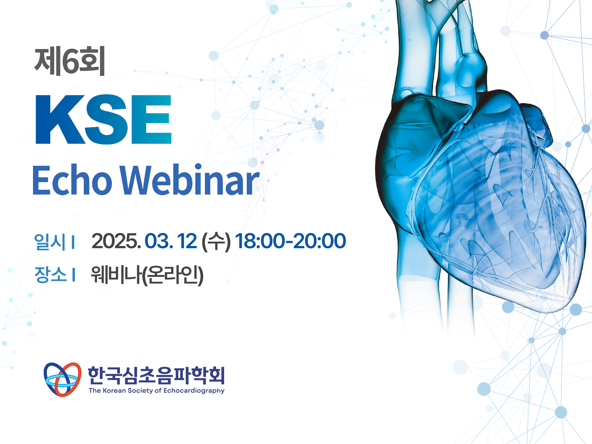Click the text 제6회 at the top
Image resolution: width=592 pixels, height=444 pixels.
pos(70,61)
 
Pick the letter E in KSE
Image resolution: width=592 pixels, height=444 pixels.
pos(151,119)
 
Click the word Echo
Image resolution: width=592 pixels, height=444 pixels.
pos(72,180)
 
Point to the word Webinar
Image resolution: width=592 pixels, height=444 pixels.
pos(190,180)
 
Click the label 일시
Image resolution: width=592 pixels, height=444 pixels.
pos(50,241)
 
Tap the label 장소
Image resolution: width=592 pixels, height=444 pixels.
pos(50,274)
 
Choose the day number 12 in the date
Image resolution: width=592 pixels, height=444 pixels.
pos(187,241)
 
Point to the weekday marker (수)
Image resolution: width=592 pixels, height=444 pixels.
pos(216,241)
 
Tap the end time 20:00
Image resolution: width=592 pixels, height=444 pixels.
pos(319,241)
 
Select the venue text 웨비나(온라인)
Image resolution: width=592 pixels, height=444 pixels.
pos(147,274)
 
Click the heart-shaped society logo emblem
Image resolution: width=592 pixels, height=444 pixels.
pos(63,379)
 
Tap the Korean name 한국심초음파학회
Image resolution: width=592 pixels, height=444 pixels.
pos(156,375)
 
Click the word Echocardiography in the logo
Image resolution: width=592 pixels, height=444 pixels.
pos(194,391)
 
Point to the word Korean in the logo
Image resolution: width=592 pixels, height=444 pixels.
pos(114,390)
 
